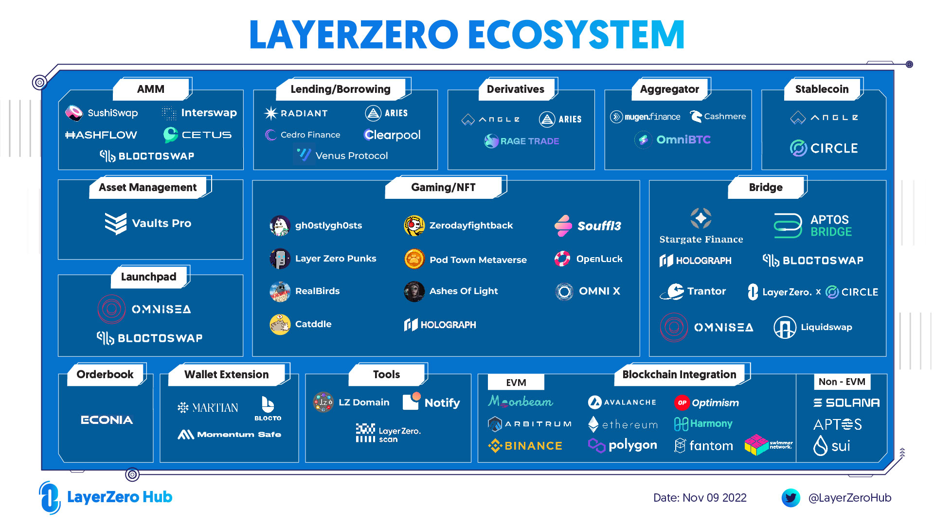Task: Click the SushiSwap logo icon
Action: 74,113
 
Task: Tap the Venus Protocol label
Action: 351,156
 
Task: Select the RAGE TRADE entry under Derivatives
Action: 529,141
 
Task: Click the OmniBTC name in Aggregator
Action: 683,140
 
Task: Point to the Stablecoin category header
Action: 822,89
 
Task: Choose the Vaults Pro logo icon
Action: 116,224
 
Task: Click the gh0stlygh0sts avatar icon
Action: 280,226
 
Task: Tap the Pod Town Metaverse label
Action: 478,260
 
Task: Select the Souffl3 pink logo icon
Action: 563,226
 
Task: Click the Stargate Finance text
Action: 701,239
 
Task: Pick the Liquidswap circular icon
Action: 785,327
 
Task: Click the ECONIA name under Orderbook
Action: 107,420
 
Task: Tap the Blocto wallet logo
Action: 268,404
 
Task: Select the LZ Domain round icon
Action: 323,402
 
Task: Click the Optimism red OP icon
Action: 682,402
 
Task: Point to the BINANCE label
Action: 533,446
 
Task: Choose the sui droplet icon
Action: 820,445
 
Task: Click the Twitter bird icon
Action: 790,498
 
